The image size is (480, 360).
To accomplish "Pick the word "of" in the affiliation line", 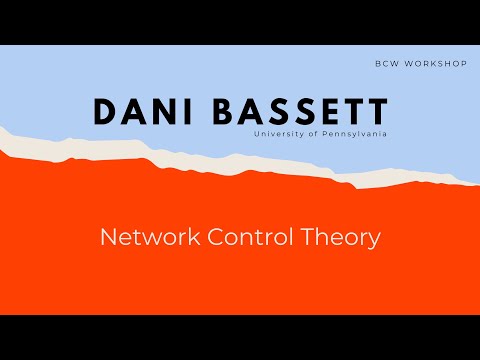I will [308, 133].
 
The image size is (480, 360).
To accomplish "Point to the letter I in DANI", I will [187, 113].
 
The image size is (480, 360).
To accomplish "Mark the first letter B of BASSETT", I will [220, 113].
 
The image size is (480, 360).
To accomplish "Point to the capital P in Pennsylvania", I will [318, 133].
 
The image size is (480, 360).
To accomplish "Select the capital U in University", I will [258, 133].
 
